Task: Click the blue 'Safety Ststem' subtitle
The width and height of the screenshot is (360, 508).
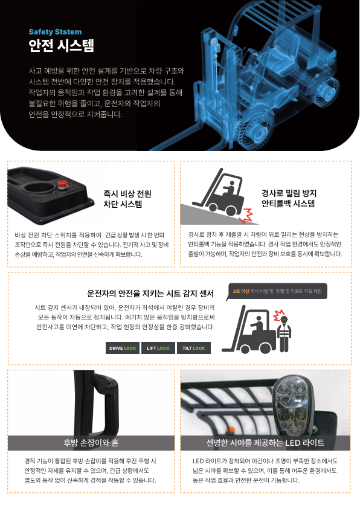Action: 55,32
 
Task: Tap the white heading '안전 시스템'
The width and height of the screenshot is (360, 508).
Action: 61,46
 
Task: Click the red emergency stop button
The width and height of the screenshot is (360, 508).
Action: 62,185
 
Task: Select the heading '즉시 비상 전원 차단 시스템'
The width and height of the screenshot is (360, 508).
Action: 127,199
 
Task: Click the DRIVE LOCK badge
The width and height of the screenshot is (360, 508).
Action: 123,348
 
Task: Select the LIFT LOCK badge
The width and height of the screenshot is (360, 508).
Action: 158,348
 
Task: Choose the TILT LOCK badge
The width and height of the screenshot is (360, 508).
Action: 194,348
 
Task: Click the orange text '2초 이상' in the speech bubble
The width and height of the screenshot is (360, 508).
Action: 241,291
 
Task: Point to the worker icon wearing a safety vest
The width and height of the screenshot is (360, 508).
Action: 284,332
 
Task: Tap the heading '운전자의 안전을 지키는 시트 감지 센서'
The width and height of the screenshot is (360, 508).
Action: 150,294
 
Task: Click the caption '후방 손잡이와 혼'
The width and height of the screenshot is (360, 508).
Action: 91,443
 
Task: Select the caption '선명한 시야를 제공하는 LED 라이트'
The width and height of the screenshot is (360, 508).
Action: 265,443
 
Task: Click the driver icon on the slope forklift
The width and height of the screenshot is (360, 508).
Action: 230,189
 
